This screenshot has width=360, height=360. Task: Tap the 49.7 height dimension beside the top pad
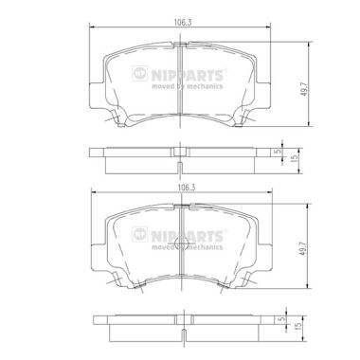coord(305,90)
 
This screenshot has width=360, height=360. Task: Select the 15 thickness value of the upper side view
coord(296,157)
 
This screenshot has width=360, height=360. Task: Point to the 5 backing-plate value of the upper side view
coord(279,152)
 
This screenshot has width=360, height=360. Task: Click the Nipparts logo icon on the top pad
coord(140,73)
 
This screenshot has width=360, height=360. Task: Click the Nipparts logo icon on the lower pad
coord(140,234)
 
